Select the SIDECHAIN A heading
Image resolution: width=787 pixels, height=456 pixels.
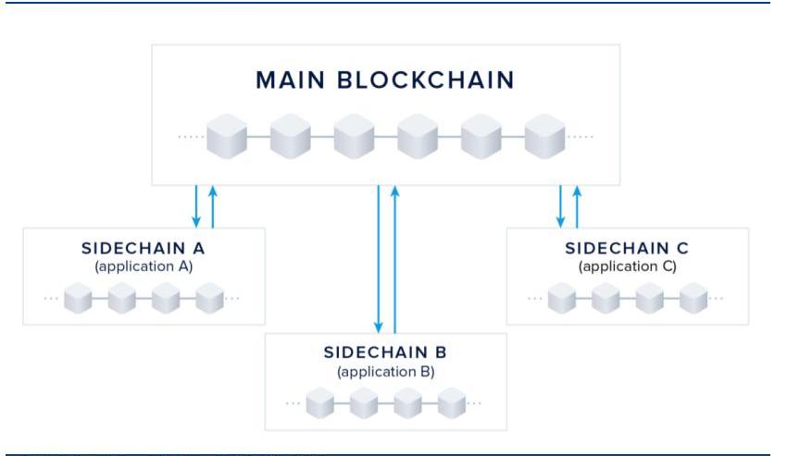[143, 248]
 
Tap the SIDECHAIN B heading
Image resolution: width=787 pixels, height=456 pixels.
[385, 352]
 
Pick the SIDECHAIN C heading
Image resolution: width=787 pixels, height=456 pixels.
[627, 248]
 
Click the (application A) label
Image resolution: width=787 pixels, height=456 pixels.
[143, 266]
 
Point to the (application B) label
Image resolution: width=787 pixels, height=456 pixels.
[385, 372]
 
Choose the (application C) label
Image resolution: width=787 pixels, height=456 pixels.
[627, 266]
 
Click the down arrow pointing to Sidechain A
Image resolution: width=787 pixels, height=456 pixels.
[196, 206]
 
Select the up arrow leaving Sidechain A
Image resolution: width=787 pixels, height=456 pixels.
[213, 206]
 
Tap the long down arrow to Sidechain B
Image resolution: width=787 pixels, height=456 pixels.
[379, 259]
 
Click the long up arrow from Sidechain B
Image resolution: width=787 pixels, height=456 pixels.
[395, 259]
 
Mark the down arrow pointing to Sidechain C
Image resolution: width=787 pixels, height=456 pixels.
[560, 206]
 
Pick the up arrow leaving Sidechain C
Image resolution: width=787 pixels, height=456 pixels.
[577, 206]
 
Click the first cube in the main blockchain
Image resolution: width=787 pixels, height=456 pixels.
[227, 137]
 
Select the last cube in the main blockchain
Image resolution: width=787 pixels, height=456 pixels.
[544, 137]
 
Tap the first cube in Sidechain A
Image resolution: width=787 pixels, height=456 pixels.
[78, 299]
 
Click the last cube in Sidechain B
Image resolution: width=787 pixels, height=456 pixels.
[451, 403]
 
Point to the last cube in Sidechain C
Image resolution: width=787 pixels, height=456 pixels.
[693, 299]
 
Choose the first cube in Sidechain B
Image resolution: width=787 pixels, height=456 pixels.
[320, 403]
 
